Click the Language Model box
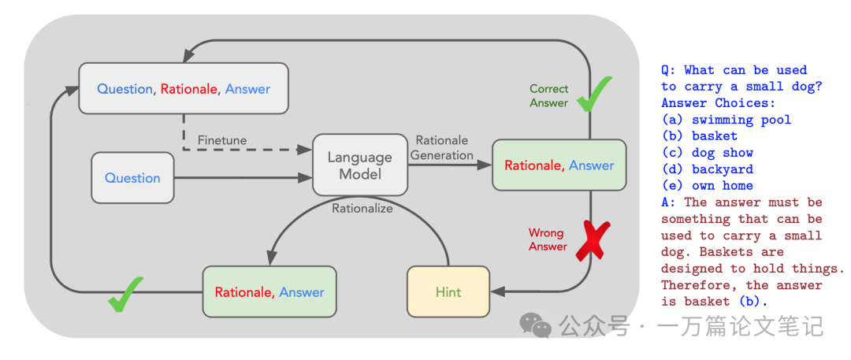[x=360, y=165]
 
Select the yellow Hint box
[x=448, y=291]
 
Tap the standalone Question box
[x=132, y=178]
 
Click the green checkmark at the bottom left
[x=126, y=292]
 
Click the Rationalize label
[x=362, y=209]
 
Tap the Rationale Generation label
[x=442, y=148]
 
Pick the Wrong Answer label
[x=548, y=239]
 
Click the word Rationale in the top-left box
[x=189, y=89]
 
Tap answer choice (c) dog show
[x=707, y=153]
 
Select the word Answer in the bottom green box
[x=301, y=292]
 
